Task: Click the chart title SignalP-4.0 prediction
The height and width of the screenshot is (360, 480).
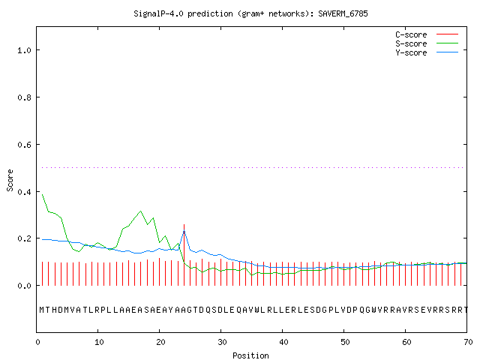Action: [183, 13]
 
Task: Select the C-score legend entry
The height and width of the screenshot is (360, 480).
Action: [427, 34]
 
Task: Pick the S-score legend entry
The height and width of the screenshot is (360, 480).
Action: [427, 43]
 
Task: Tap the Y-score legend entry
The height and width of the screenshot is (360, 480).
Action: [427, 52]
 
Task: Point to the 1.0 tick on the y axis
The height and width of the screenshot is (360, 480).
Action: [24, 50]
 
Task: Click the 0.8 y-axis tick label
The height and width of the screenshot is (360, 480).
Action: [24, 97]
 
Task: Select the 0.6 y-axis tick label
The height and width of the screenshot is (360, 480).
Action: [24, 145]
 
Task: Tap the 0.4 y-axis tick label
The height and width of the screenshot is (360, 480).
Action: [24, 192]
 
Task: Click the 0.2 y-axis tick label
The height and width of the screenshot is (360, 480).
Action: [24, 238]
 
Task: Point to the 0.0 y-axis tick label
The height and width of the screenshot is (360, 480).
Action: [24, 286]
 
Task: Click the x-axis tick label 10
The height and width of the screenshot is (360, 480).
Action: [99, 342]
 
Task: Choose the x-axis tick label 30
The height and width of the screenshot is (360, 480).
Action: [222, 342]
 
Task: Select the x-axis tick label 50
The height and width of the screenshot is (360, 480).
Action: [345, 342]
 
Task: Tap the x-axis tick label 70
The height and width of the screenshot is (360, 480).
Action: [468, 342]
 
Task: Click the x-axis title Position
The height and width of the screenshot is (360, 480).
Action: [250, 355]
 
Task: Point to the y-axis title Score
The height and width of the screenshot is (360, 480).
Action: [10, 180]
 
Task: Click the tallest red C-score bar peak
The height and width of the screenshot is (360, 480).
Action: [184, 225]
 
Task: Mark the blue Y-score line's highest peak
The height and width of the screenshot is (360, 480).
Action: [184, 231]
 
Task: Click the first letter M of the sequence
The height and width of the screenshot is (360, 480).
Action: [42, 310]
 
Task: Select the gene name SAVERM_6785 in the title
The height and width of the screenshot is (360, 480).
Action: [343, 13]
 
